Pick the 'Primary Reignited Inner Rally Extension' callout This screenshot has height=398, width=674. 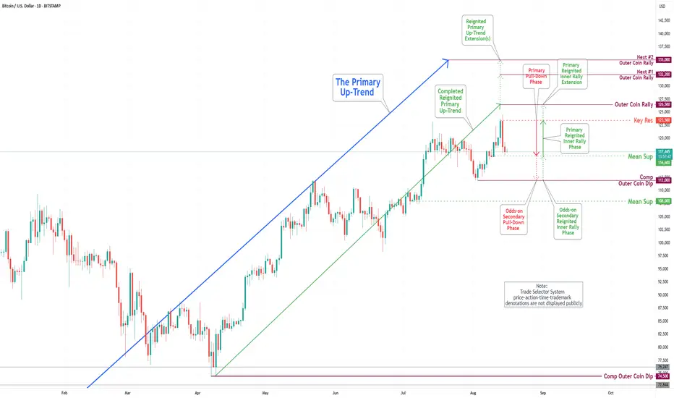572,72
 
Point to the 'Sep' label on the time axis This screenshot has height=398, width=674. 542,391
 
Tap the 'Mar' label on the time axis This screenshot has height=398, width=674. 127,391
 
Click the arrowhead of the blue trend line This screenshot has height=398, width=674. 448,60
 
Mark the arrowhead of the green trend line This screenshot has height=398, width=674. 499,106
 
